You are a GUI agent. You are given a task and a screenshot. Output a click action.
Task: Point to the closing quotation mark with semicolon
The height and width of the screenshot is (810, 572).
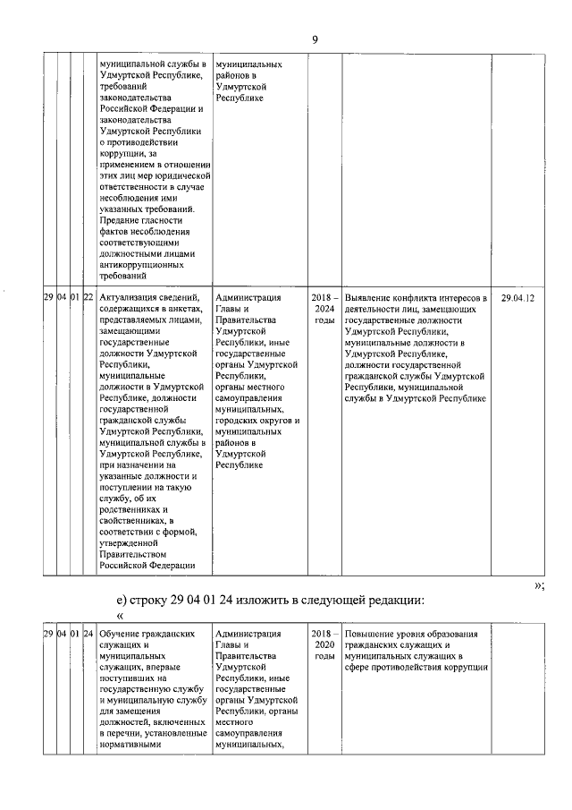(x=539, y=584)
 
